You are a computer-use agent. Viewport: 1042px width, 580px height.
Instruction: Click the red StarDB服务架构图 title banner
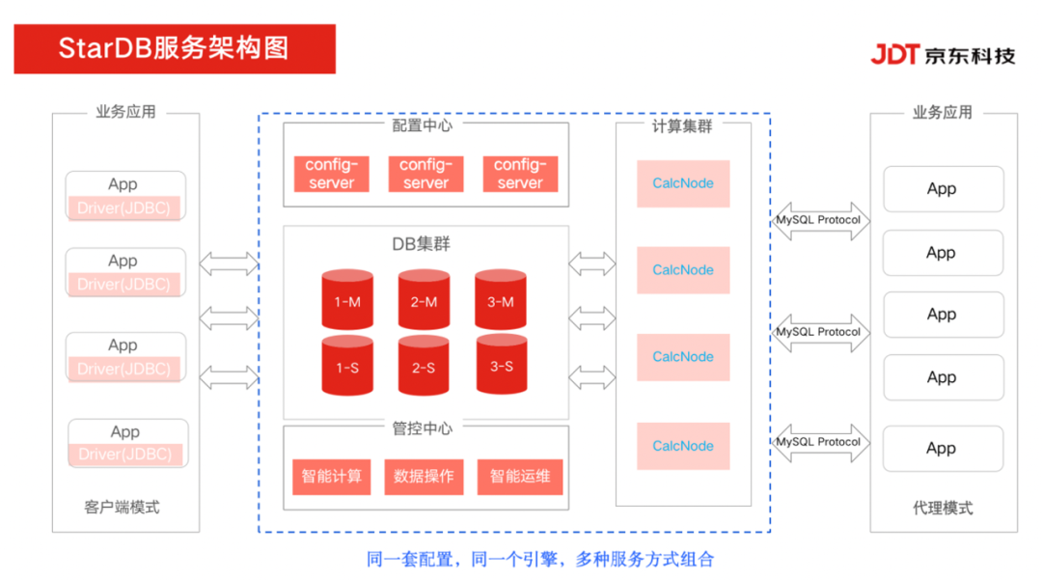coord(175,48)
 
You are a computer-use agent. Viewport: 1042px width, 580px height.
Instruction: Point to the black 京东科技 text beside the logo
coord(969,55)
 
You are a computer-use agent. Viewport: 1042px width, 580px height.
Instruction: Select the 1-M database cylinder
coord(347,300)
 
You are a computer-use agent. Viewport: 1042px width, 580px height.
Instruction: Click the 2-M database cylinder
coord(424,300)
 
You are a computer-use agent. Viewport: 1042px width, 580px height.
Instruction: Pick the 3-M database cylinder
coord(501,300)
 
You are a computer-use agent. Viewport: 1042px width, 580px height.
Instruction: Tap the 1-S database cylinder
coord(347,366)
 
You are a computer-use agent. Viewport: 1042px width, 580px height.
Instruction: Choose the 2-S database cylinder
coord(424,366)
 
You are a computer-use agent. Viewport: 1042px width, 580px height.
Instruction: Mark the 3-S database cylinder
coord(501,365)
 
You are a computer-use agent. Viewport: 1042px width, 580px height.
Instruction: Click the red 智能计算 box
coord(332,476)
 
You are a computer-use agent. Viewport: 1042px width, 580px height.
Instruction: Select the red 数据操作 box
coord(425,476)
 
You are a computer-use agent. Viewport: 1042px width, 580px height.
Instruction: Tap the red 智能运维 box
coord(520,476)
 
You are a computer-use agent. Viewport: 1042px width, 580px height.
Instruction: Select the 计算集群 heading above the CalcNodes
coord(682,125)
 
